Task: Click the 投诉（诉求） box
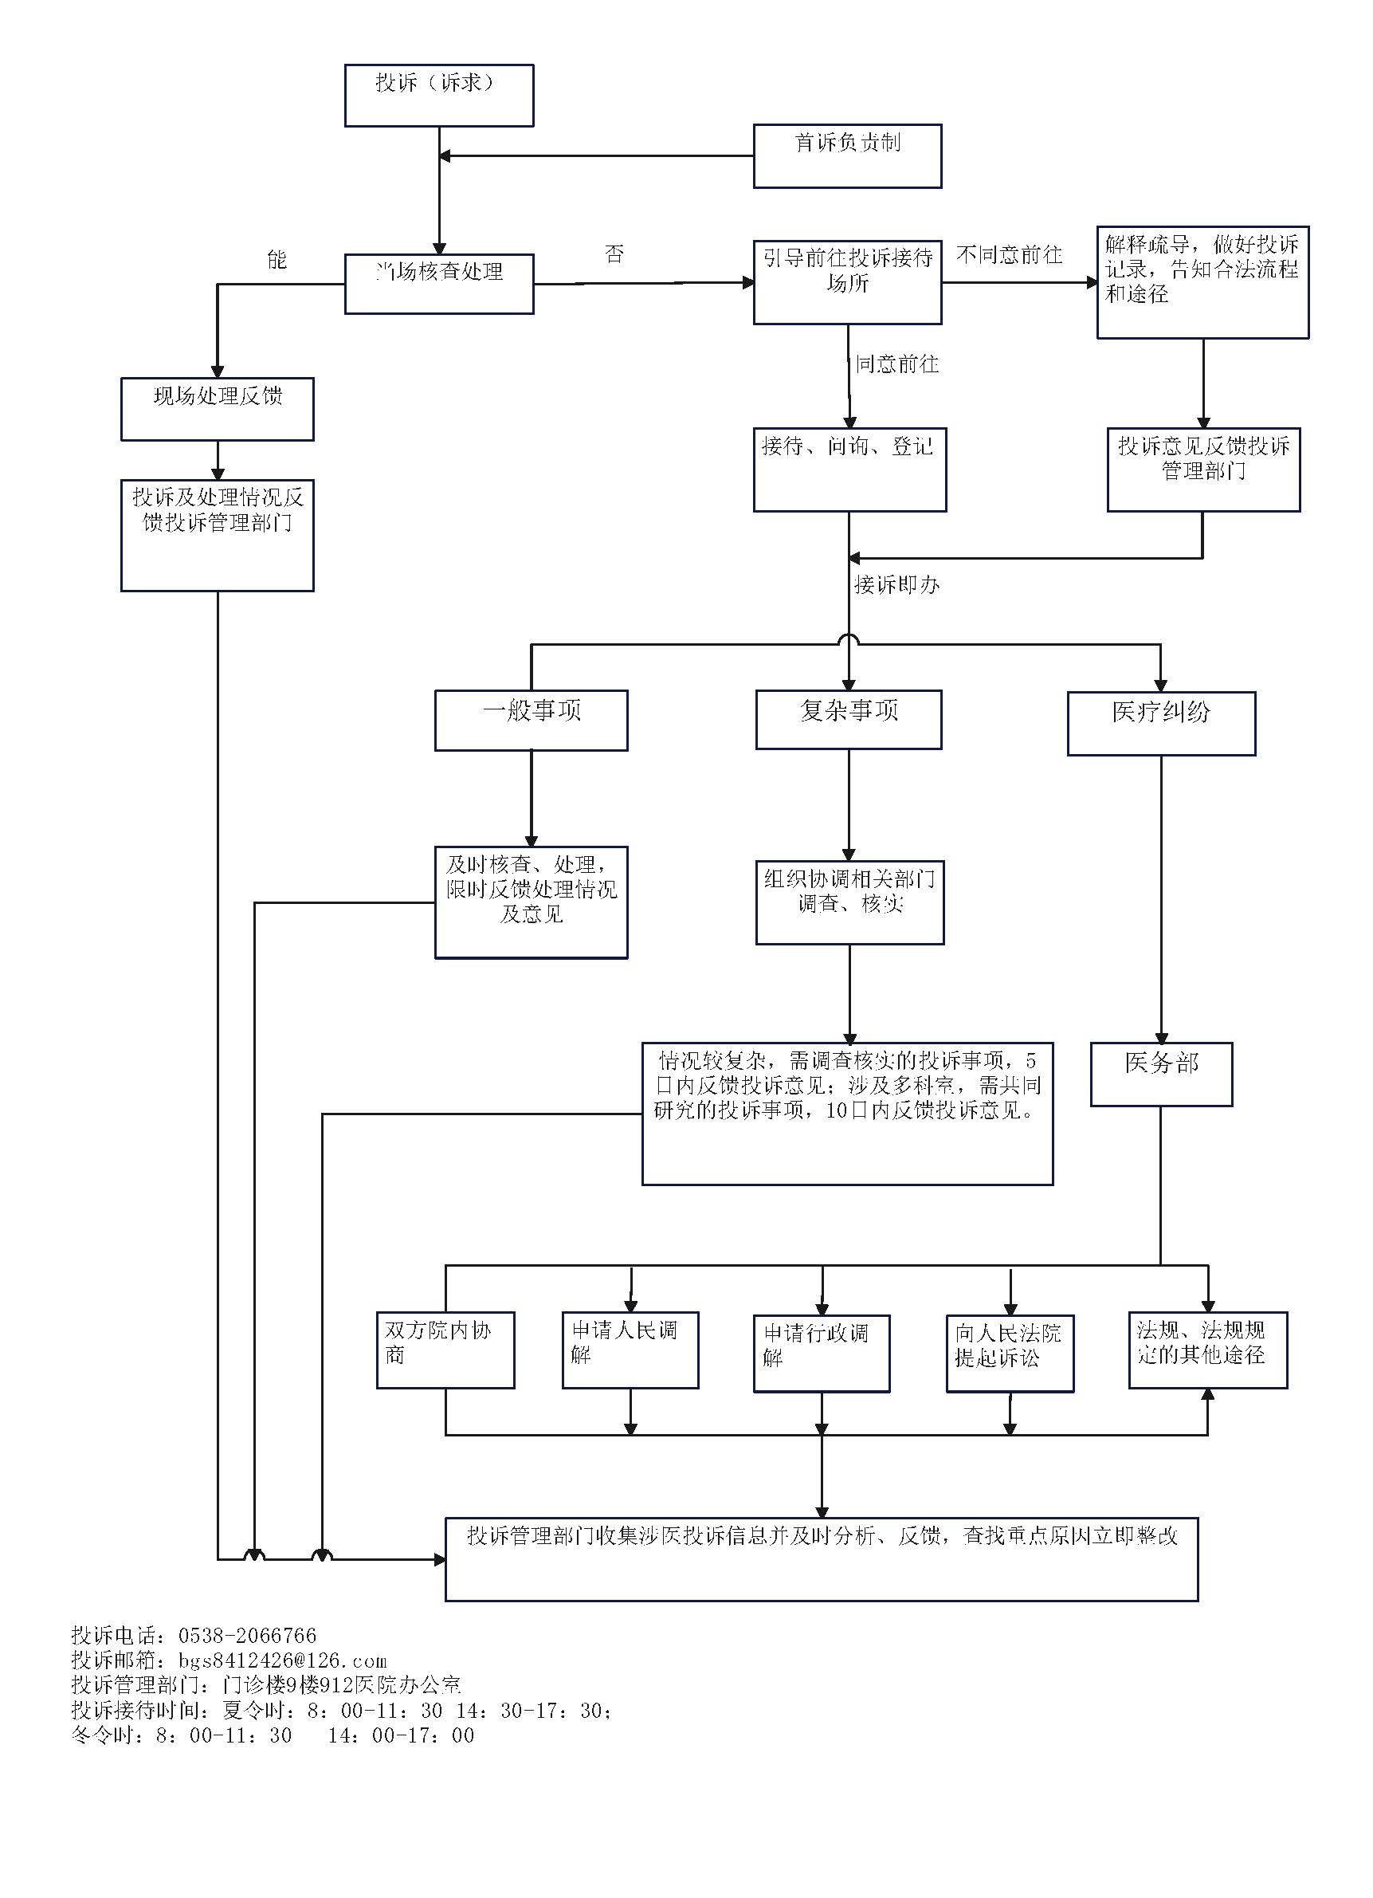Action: [x=439, y=96]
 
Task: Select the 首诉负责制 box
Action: [x=848, y=156]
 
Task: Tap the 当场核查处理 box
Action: [x=439, y=285]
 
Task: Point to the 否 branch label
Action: [x=614, y=253]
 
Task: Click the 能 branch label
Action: [x=277, y=259]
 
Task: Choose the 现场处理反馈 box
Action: [x=218, y=409]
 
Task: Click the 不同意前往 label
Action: [x=1009, y=254]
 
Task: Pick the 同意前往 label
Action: [x=897, y=364]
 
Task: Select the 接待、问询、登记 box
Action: [x=850, y=470]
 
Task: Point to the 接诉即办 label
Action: [x=897, y=584]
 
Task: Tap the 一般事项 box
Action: [x=532, y=721]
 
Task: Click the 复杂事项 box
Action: [x=849, y=720]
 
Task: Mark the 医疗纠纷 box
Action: [x=1161, y=724]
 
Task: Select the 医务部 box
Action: [x=1161, y=1075]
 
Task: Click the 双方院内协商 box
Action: [x=445, y=1350]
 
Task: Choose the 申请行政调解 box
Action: [x=822, y=1354]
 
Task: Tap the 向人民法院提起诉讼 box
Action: [x=1010, y=1354]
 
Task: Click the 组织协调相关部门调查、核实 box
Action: [x=850, y=903]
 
